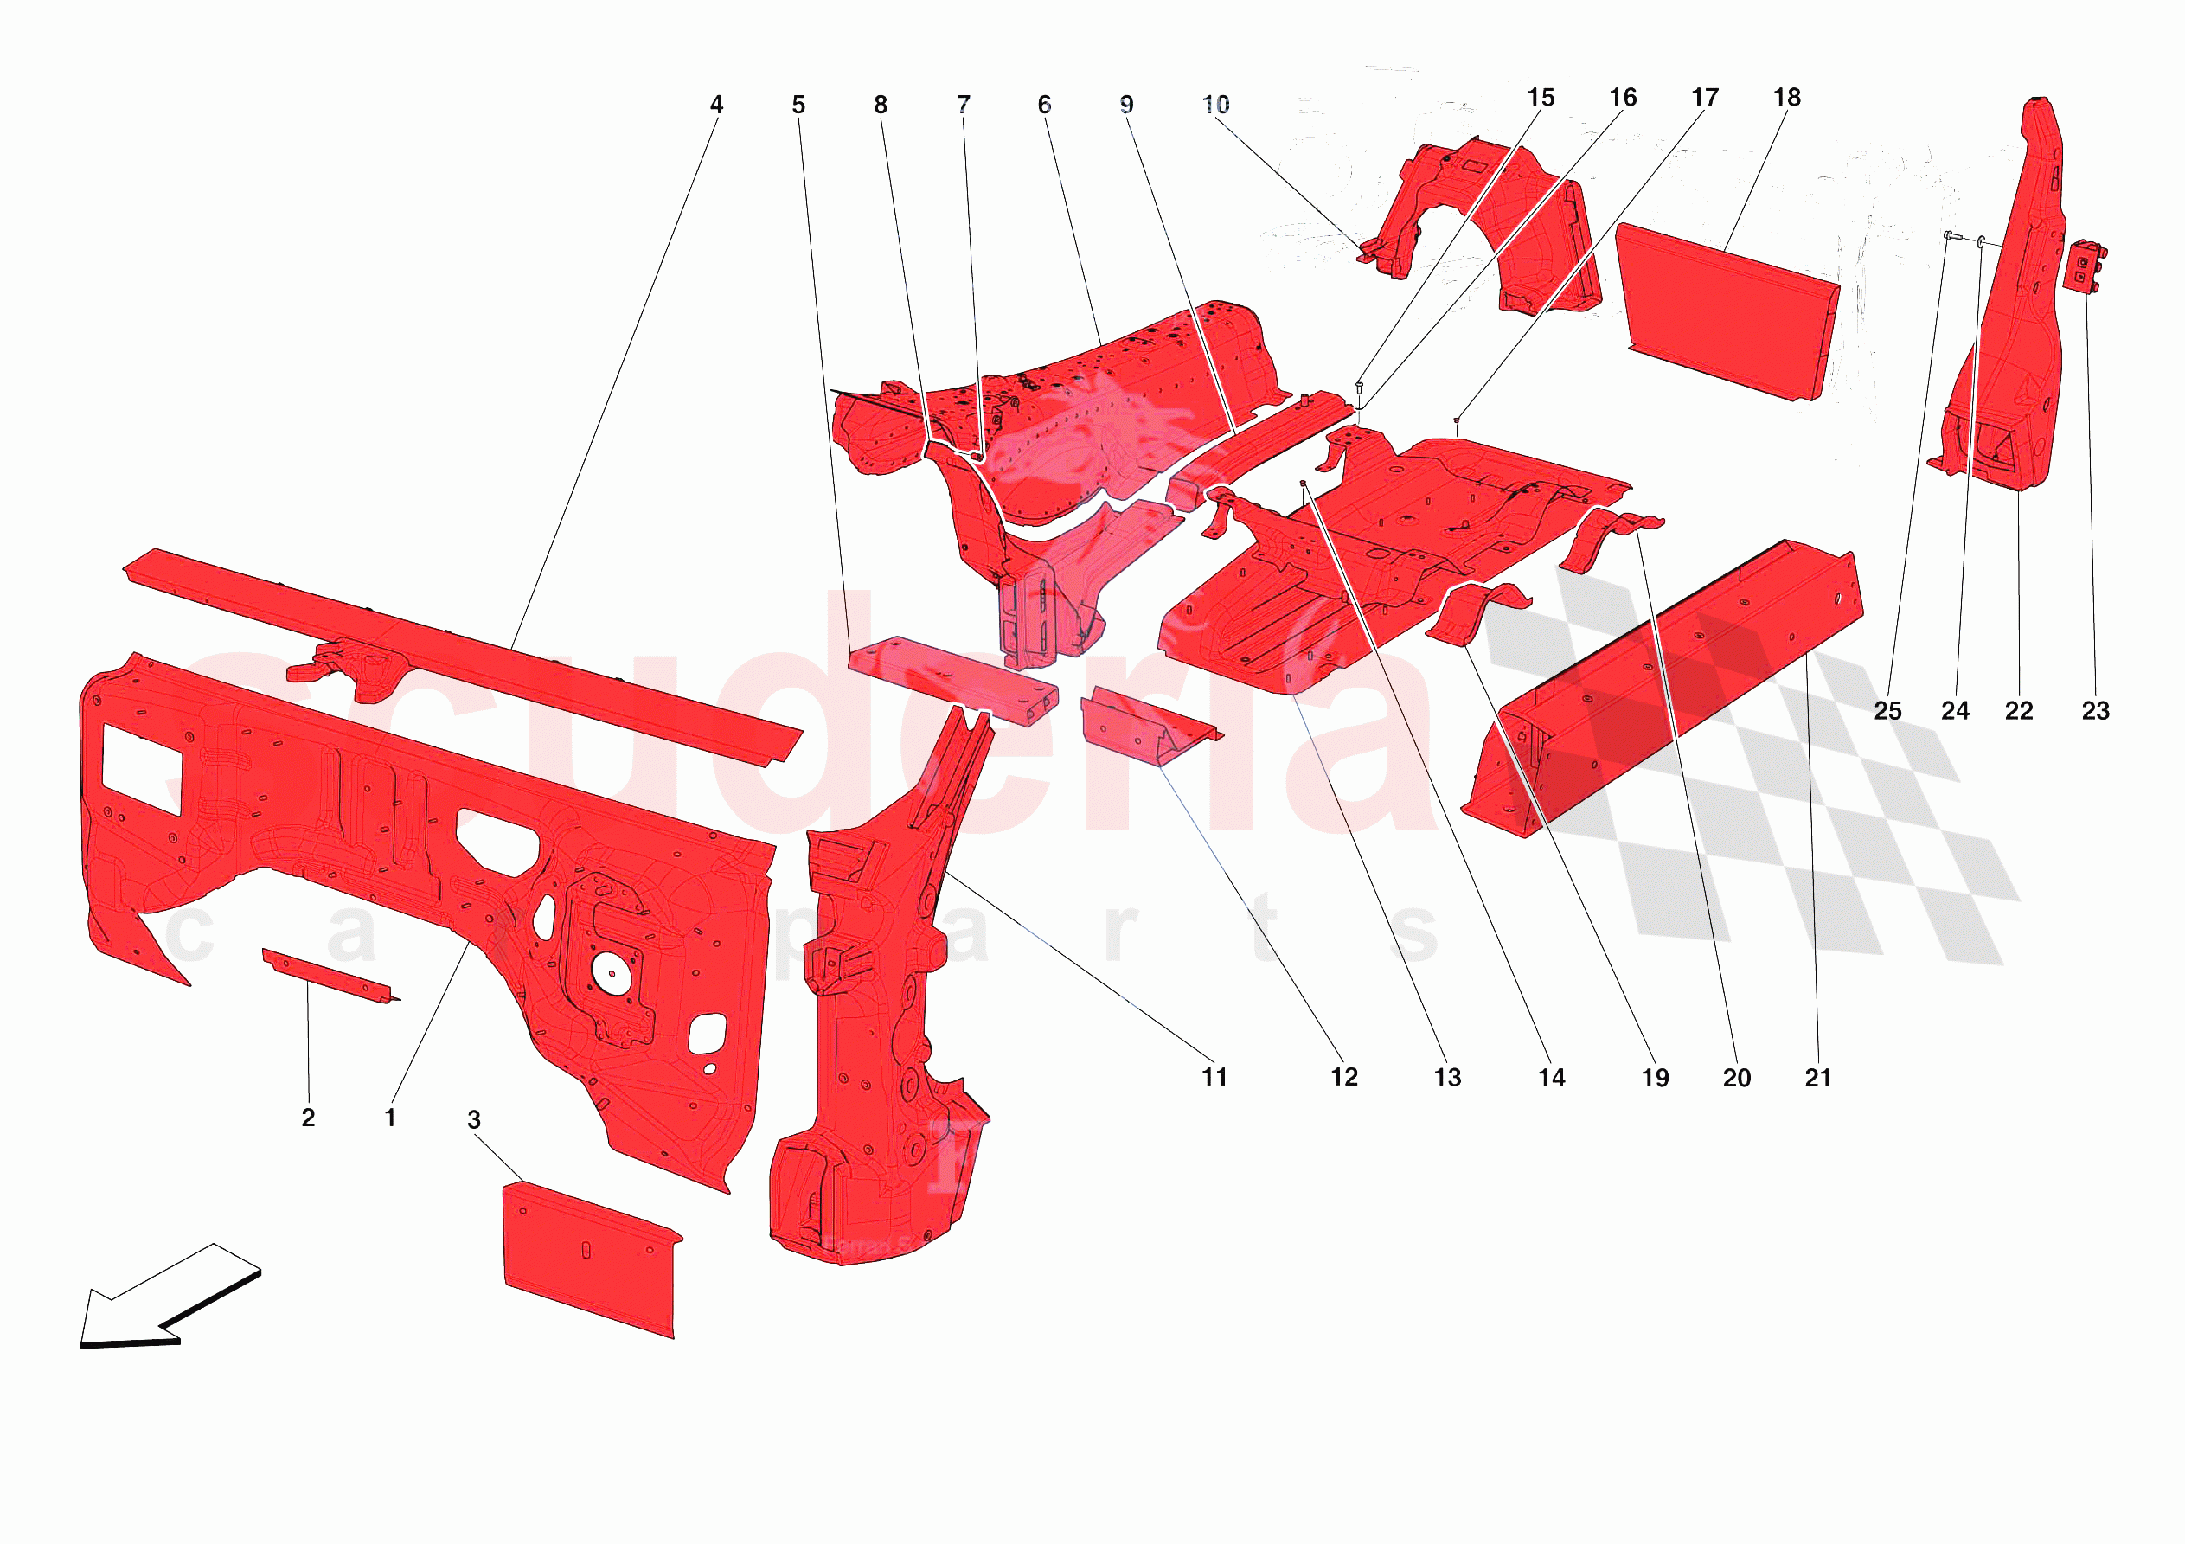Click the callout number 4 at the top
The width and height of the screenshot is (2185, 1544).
(715, 105)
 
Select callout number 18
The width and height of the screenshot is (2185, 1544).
(1786, 97)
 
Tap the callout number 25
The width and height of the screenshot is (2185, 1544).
(1887, 710)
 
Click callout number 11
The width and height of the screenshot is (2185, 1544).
(1214, 1077)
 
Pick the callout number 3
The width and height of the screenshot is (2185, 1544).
(474, 1119)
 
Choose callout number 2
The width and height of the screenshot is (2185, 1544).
(307, 1117)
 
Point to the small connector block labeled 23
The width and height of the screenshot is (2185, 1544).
(2084, 267)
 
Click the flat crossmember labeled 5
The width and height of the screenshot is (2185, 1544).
(952, 679)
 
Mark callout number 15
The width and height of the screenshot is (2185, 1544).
(1540, 97)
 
